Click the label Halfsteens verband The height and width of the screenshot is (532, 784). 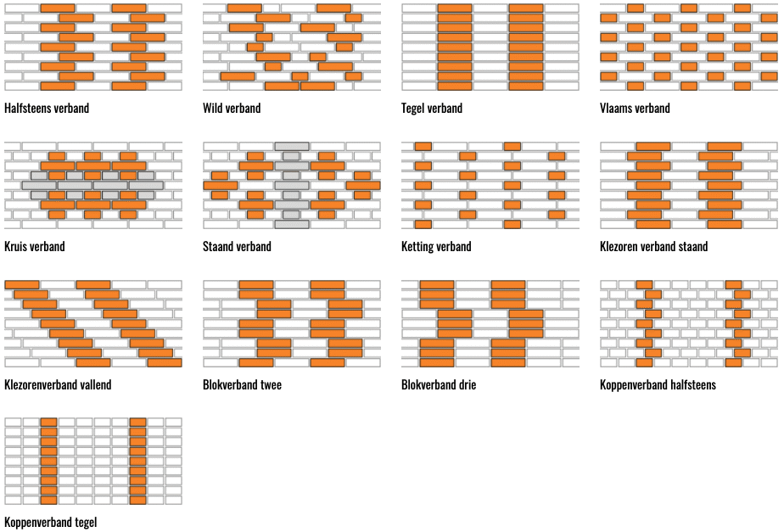(x=47, y=109)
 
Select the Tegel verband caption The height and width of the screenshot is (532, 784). (x=432, y=109)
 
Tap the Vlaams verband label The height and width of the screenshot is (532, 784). (x=635, y=109)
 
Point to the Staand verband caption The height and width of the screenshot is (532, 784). (x=237, y=247)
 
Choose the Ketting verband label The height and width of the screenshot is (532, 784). (x=436, y=247)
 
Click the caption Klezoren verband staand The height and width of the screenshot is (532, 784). (x=653, y=247)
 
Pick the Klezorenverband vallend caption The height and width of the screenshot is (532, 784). (x=58, y=385)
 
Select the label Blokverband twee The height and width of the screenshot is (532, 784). (x=242, y=385)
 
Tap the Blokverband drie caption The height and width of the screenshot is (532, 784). (x=439, y=385)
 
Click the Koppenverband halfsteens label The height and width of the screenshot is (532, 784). (x=658, y=385)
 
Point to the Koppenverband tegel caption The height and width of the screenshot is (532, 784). (x=50, y=523)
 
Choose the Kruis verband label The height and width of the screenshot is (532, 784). (x=34, y=247)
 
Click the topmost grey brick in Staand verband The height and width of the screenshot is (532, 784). (x=291, y=147)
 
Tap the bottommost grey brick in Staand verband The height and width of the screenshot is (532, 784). (x=291, y=224)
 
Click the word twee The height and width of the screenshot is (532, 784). (x=269, y=385)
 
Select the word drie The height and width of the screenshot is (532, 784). (x=465, y=385)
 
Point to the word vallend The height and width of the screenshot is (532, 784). (x=94, y=385)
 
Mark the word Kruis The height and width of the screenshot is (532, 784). (x=15, y=247)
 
